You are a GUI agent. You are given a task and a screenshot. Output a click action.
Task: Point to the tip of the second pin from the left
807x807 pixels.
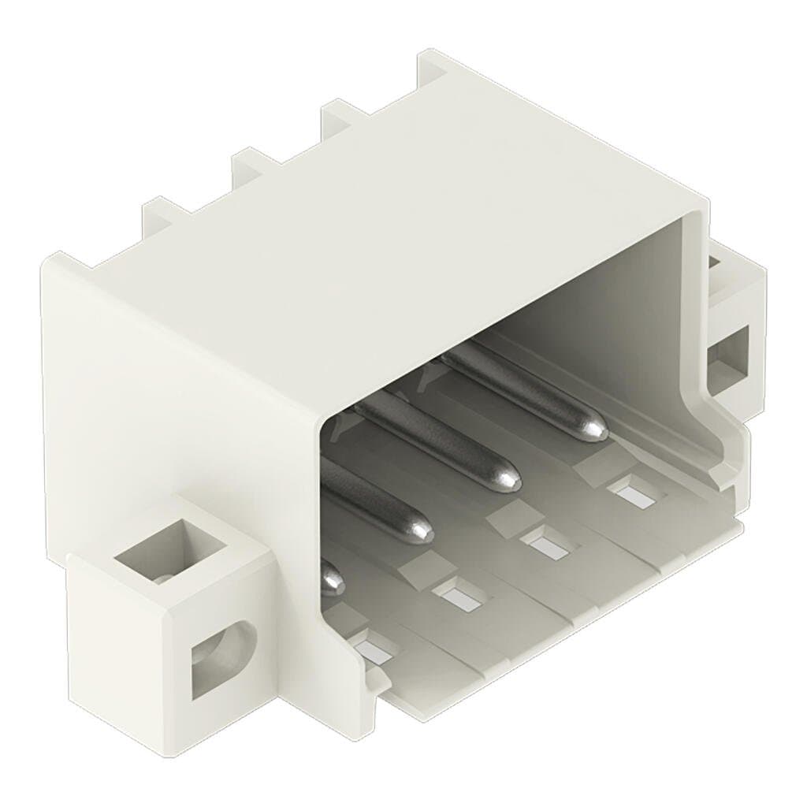[420, 530]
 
